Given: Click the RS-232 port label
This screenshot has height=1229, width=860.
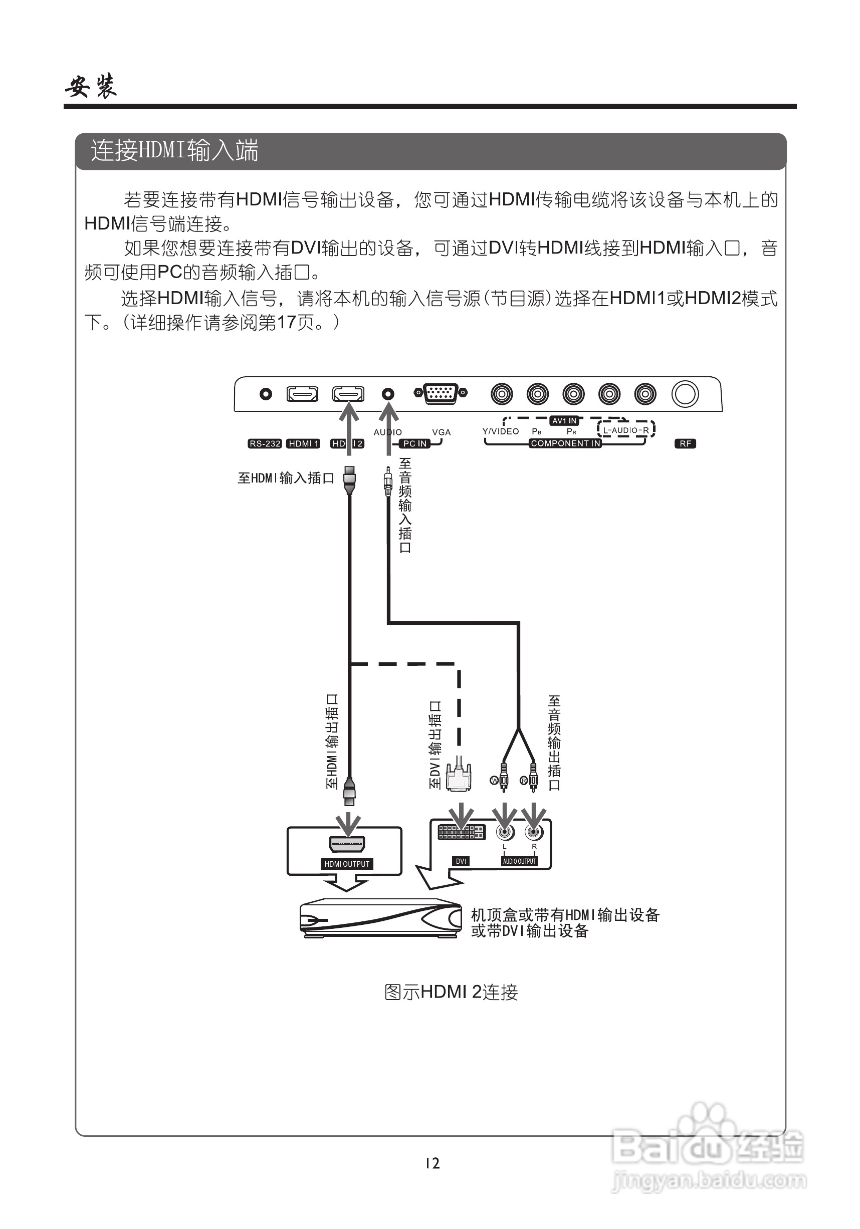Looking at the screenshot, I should click(x=265, y=444).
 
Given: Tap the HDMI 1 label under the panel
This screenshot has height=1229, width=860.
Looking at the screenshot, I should click(x=303, y=444).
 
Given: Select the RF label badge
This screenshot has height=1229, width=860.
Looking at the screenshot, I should click(x=686, y=444).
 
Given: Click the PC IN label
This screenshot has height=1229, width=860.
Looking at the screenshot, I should click(x=415, y=444).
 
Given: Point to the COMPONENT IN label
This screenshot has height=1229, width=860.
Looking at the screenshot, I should click(x=565, y=444).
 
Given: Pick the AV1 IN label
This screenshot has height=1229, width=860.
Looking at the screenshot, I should click(x=564, y=421).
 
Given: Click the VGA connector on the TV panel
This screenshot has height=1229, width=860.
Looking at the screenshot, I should click(x=440, y=393).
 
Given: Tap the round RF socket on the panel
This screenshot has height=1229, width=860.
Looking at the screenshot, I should click(x=685, y=394).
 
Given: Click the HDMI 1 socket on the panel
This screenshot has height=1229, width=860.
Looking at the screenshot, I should click(x=303, y=394).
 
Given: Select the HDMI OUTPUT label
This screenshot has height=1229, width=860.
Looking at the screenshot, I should click(x=347, y=864).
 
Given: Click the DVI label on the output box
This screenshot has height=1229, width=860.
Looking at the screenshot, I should click(x=461, y=861).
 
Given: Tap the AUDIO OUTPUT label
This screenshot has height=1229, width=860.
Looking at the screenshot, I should click(x=519, y=861).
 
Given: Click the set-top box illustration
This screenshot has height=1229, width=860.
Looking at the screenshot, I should click(x=380, y=918).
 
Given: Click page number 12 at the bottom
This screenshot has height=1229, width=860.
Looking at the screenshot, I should click(x=432, y=1163).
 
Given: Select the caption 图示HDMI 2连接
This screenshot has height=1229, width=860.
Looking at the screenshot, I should click(x=451, y=992).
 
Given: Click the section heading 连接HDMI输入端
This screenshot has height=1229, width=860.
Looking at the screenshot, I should click(x=174, y=150).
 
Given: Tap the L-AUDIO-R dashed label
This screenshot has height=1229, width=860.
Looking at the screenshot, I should click(x=625, y=430).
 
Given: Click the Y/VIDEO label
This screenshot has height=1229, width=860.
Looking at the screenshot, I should click(x=500, y=431).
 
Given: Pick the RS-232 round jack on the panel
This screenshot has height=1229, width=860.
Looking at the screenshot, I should click(x=266, y=394).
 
